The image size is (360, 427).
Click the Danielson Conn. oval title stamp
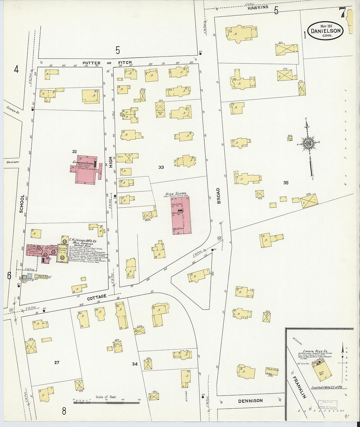(325, 31)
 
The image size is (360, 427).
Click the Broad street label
(218, 196)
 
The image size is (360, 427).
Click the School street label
(22, 204)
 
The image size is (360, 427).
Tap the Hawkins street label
(258, 7)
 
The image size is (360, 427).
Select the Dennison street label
(250, 400)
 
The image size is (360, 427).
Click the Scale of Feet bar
(106, 402)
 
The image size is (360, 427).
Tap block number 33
(161, 167)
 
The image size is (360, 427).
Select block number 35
(286, 183)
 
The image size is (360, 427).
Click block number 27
(57, 362)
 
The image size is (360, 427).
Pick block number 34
(135, 364)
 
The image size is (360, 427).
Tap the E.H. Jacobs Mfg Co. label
(82, 240)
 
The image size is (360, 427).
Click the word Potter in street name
(91, 63)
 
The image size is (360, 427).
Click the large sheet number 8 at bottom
(64, 411)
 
